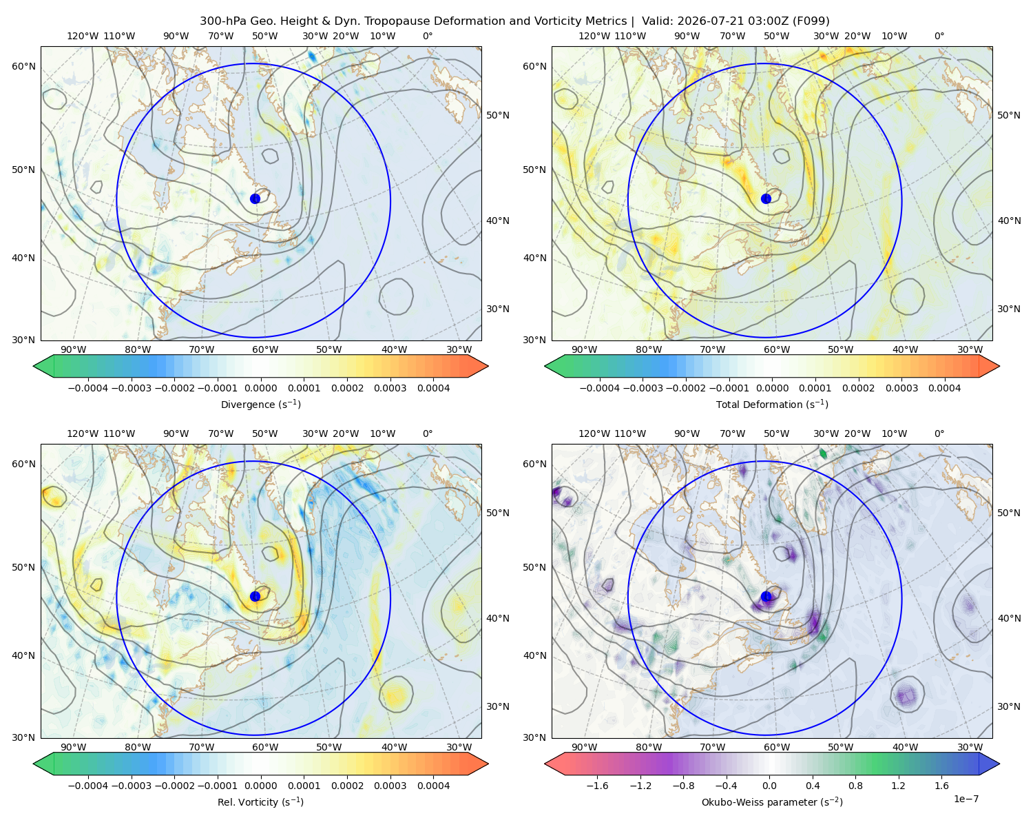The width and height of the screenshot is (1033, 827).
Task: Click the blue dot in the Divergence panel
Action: [x=255, y=198]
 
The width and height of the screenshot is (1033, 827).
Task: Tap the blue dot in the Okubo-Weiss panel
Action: [x=766, y=596]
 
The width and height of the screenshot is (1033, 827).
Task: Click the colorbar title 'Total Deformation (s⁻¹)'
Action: [x=772, y=404]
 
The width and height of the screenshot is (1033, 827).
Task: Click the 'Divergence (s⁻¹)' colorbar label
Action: [x=260, y=404]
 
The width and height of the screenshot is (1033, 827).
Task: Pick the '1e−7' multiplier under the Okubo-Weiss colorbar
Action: [x=966, y=799]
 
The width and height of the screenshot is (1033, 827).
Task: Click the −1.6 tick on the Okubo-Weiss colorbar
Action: [x=597, y=786]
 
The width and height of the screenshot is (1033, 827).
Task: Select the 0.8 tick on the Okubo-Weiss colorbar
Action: [x=855, y=786]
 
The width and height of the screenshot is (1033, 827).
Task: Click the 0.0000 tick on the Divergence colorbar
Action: [x=260, y=388]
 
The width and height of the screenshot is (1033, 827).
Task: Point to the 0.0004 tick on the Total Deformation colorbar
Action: [x=944, y=388]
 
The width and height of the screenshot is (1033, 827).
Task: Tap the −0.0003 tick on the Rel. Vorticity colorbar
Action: [x=131, y=786]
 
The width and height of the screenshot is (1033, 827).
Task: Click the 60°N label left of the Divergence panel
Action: [x=23, y=66]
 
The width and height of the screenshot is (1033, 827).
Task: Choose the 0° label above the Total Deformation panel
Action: [x=939, y=36]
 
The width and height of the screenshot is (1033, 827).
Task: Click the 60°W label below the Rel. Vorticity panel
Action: [x=265, y=747]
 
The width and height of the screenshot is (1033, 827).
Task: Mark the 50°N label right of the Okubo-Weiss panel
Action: [x=1009, y=513]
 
